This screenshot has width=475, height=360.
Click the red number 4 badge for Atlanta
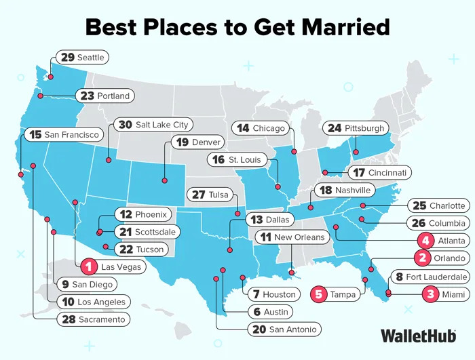[x=425, y=241]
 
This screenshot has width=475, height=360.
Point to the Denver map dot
[x=164, y=180]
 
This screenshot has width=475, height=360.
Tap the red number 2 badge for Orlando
[x=422, y=258]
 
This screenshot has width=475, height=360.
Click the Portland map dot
[x=40, y=96]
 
